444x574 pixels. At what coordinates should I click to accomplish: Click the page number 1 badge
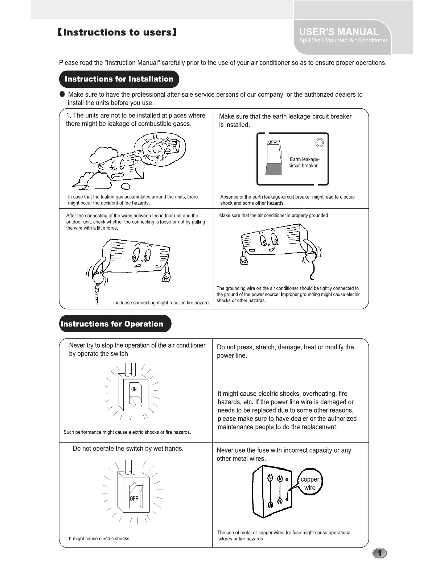[379, 553]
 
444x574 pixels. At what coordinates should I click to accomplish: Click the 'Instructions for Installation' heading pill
[119, 79]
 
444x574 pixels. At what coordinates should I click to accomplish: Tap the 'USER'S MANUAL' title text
[339, 32]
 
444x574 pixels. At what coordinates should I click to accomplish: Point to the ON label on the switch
[134, 389]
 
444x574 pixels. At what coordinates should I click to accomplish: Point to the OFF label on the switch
[134, 499]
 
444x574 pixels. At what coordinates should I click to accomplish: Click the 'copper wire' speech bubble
[309, 483]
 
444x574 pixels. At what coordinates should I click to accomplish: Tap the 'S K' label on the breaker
[273, 143]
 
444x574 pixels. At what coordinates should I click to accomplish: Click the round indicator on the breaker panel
[319, 142]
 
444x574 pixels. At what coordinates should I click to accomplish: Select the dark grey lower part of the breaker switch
[273, 169]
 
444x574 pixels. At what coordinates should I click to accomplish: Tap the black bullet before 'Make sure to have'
[62, 94]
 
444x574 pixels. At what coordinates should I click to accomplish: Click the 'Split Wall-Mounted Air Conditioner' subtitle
[343, 41]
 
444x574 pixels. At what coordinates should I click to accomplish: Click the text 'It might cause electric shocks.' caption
[100, 538]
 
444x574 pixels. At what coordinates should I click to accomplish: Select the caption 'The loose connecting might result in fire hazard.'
[161, 303]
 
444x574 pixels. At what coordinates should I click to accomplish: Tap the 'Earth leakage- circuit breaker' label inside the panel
[304, 162]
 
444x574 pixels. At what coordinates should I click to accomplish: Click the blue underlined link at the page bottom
[72, 571]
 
